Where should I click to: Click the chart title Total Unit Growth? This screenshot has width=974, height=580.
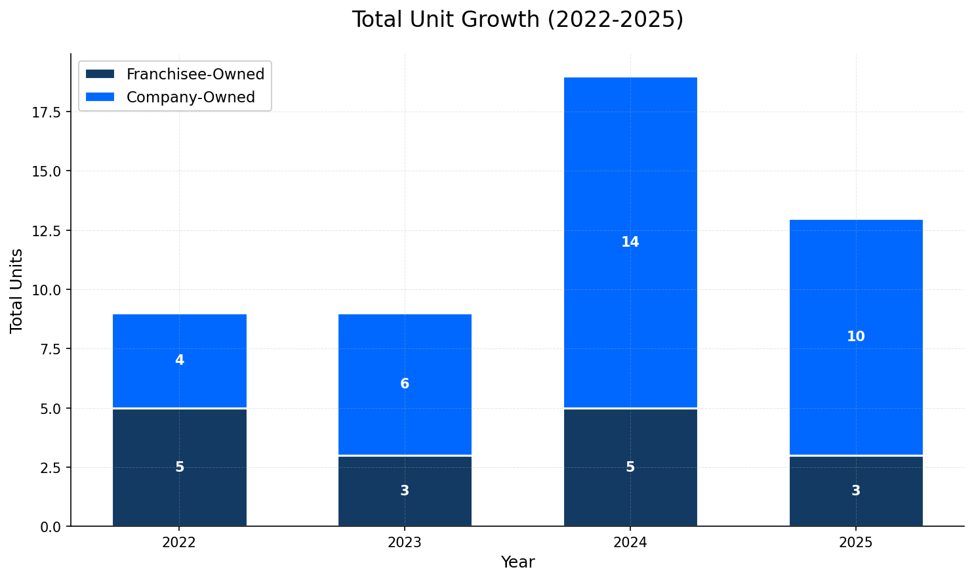pos(517,20)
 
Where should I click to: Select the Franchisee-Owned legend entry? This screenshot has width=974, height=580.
pos(195,74)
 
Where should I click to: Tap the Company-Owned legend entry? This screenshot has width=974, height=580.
pos(190,97)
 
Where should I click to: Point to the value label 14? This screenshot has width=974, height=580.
pos(630,242)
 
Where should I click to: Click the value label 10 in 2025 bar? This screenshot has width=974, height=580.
pos(856,337)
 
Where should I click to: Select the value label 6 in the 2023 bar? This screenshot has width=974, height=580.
pos(405,384)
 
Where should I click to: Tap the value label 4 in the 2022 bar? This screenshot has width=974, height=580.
pos(180,360)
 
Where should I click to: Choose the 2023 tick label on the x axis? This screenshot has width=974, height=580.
pos(405,543)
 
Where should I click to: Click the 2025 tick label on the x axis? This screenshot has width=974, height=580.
pos(856,543)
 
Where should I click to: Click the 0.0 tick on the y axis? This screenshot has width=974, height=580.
pos(49,526)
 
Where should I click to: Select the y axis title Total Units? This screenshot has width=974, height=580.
pos(17,290)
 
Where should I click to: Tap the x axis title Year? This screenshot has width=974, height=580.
pos(517,562)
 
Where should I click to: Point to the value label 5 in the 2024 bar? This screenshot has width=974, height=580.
pos(630,467)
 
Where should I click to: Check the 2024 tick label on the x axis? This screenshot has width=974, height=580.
pos(630,543)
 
